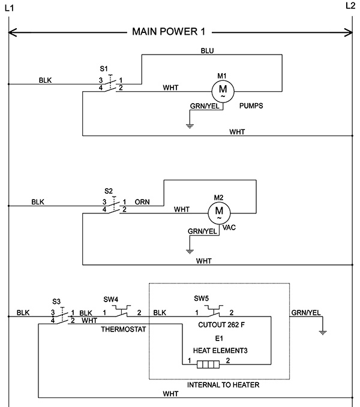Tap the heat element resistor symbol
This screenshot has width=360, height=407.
click(x=208, y=364)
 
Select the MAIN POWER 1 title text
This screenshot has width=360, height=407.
click(x=169, y=32)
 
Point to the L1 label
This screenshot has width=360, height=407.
click(x=10, y=8)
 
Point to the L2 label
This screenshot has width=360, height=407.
click(x=350, y=6)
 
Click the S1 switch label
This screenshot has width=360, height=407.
click(x=104, y=69)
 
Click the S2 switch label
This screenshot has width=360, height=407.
click(x=109, y=191)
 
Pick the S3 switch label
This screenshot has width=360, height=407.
click(x=56, y=302)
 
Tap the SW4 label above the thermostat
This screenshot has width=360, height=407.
click(x=111, y=299)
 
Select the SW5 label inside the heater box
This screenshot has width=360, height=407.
click(x=201, y=299)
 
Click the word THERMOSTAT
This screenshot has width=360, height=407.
click(x=124, y=330)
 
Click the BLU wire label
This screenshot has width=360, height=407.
click(x=207, y=50)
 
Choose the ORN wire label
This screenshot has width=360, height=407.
click(x=142, y=202)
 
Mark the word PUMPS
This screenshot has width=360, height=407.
click(x=251, y=106)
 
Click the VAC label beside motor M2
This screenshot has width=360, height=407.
click(x=229, y=228)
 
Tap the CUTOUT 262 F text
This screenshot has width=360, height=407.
click(x=221, y=325)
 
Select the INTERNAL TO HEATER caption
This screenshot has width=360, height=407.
click(x=223, y=385)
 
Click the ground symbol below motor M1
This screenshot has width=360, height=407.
click(x=190, y=126)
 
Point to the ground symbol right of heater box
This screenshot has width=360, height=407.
click(x=323, y=333)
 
